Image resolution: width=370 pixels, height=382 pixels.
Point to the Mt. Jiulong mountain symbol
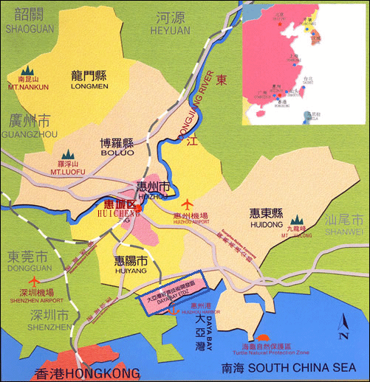coord(297,220)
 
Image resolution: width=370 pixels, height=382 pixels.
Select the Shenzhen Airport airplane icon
coord(34,282)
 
